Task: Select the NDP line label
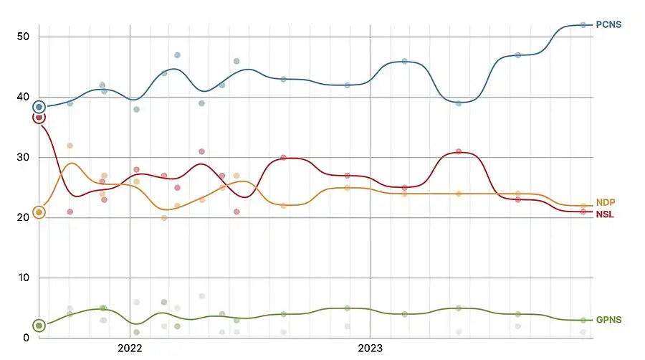coord(606,203)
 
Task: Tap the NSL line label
coord(605,214)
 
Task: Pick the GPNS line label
coord(608,320)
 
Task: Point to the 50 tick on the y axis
coord(24,37)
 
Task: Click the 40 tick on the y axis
coord(24,97)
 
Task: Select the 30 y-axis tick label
coord(24,157)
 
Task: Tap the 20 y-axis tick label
coord(24,217)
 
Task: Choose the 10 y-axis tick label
coord(24,278)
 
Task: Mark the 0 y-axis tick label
coord(27,338)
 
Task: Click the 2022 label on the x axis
coord(130,349)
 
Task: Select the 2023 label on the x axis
coord(370,349)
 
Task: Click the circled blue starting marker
coord(39,107)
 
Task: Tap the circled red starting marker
coord(39,118)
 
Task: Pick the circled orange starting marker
coord(39,212)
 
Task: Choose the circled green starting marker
coord(39,326)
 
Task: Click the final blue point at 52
coord(583,25)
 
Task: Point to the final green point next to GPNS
coord(583,320)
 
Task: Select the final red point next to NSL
coord(583,212)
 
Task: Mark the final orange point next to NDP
coord(583,206)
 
